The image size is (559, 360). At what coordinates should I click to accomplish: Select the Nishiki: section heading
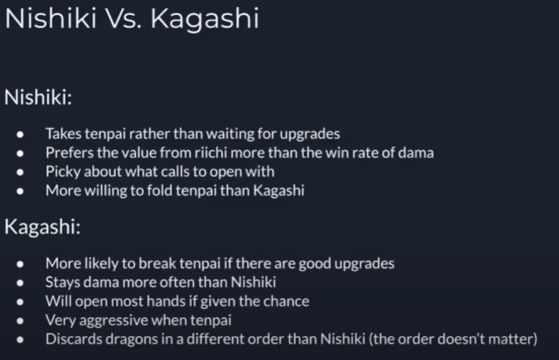pos(38,97)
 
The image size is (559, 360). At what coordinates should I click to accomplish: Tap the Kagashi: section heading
pos(42,227)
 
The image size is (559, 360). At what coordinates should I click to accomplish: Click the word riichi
pos(210,152)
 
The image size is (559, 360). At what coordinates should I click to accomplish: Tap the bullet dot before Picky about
pos(20,172)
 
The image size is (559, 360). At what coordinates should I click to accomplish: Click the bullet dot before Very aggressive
pos(20,321)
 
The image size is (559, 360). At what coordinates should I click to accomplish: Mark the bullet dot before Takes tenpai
pos(20,135)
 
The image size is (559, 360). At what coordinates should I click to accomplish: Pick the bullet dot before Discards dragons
pos(20,340)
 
